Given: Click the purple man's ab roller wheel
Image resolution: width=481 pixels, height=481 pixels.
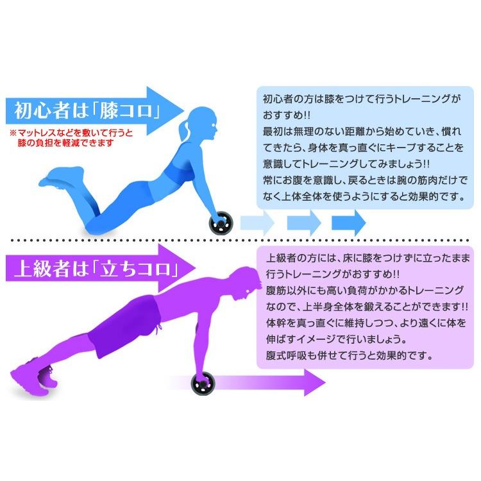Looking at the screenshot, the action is pyautogui.click(x=203, y=384).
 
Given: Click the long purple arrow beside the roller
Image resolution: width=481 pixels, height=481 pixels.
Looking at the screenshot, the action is pyautogui.click(x=269, y=384).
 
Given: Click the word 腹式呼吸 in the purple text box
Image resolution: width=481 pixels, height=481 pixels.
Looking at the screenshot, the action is pyautogui.click(x=286, y=354).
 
